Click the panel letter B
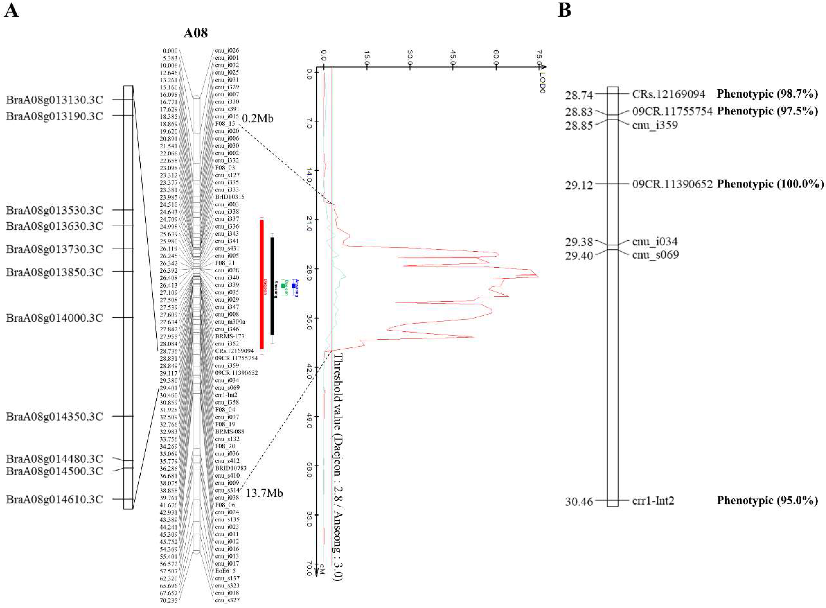pyautogui.click(x=564, y=10)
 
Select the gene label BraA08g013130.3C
pyautogui.click(x=54, y=100)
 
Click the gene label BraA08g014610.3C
pyautogui.click(x=54, y=500)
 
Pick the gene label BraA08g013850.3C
pyautogui.click(x=54, y=272)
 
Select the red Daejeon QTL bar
pyautogui.click(x=262, y=284)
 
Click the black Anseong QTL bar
pyautogui.click(x=272, y=286)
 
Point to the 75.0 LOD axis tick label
pyautogui.click(x=539, y=57)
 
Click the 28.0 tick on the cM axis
pyautogui.click(x=308, y=273)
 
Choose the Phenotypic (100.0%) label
pyautogui.click(x=770, y=184)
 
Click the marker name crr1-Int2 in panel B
pyautogui.click(x=653, y=501)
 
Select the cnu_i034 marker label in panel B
pyautogui.click(x=655, y=242)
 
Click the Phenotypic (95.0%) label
pyautogui.click(x=767, y=501)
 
